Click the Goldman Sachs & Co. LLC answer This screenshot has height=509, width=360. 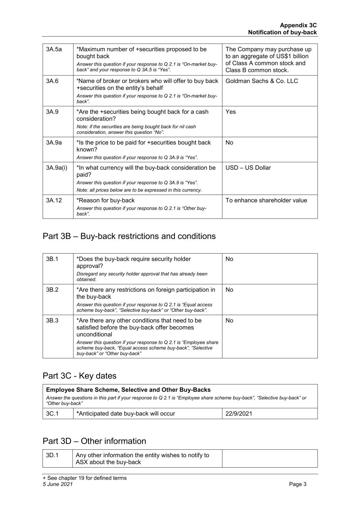262,81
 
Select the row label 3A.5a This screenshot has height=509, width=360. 54,49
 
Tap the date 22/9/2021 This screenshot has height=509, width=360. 239,414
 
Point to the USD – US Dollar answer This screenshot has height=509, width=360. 248,168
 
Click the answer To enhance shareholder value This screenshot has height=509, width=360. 266,201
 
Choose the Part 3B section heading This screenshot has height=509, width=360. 129,236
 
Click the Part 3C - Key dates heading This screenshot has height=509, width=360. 79,376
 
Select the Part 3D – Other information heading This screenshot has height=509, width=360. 94,441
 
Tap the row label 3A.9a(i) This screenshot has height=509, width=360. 57,168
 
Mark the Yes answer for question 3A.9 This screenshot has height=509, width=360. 231,112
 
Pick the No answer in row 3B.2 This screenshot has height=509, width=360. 229,290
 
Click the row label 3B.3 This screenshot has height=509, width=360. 52,321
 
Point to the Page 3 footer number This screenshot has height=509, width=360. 298,484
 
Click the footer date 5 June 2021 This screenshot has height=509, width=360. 58,484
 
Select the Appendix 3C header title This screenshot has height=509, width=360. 298,25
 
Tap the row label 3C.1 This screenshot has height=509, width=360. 52,414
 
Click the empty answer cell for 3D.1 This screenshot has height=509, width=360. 269,458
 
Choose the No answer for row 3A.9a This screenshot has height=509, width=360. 229,143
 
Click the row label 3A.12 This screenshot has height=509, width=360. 54,201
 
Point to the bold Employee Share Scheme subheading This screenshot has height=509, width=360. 128,390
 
